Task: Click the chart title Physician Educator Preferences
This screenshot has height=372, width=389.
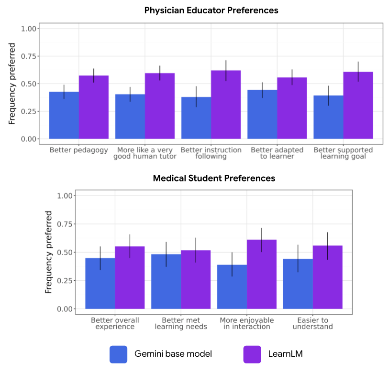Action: tap(211, 10)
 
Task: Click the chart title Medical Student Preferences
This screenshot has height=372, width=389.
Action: tap(214, 178)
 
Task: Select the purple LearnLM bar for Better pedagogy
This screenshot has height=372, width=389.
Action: tap(94, 107)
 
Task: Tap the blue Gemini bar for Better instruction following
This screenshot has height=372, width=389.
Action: tap(196, 118)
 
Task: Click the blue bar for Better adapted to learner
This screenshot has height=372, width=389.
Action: tap(262, 115)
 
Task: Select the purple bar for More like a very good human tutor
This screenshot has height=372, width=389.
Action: tap(160, 106)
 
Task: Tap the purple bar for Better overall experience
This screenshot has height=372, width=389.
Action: tap(130, 277)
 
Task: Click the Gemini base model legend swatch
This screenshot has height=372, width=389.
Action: tap(118, 354)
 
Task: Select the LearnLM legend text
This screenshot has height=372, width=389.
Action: tap(286, 354)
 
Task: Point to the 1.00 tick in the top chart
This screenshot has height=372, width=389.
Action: tap(29, 29)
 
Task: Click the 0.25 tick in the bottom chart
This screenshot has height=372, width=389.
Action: tap(65, 281)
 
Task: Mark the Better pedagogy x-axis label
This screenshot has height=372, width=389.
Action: tap(79, 150)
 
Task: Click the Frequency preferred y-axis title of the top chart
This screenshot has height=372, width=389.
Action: tap(12, 84)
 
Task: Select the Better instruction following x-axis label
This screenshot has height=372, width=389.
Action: tap(211, 153)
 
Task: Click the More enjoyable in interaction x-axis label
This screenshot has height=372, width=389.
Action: tap(247, 323)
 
